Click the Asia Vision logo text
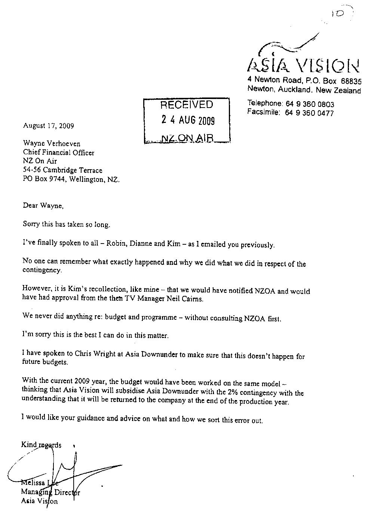coord(303,65)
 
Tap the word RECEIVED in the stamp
coord(187,105)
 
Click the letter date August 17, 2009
coord(48,126)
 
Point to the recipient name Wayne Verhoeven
coord(52,143)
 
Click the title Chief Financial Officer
coord(59,152)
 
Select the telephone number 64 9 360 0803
coord(309,104)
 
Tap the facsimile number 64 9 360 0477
coord(309,113)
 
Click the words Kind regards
coord(41,445)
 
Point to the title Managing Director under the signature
coord(50,492)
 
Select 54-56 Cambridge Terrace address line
coord(62,170)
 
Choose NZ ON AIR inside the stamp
coord(187,138)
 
